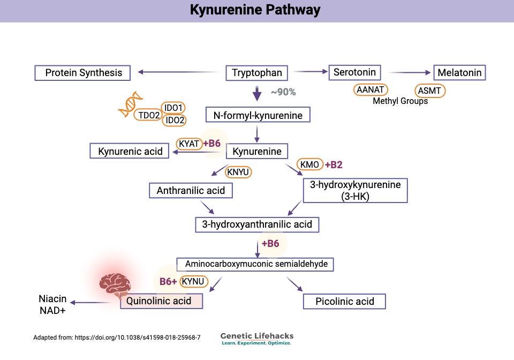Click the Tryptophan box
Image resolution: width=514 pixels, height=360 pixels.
click(x=256, y=73)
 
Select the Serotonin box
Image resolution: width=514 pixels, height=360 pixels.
click(x=354, y=72)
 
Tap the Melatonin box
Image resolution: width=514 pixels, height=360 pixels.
click(x=459, y=72)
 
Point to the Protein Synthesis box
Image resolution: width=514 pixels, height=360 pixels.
click(x=82, y=73)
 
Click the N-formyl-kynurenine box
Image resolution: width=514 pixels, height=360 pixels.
click(x=258, y=115)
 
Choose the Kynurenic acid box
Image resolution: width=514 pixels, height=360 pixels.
click(x=130, y=151)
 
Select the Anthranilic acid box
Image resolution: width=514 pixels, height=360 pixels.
click(x=191, y=191)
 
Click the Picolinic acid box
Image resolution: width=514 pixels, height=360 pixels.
click(x=344, y=301)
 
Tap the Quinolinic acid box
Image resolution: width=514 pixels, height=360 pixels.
click(x=161, y=301)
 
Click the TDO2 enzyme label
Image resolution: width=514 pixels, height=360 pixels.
click(x=148, y=115)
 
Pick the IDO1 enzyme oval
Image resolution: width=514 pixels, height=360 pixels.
click(x=173, y=108)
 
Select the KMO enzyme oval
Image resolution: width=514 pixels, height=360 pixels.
click(x=310, y=164)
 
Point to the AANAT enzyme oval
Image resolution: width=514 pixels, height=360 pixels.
click(x=371, y=89)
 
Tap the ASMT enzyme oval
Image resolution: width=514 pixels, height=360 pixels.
click(x=430, y=91)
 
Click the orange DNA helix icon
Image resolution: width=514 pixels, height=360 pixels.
click(x=130, y=104)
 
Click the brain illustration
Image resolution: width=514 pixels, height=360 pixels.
click(x=115, y=285)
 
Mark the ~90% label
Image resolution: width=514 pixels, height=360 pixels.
click(x=284, y=92)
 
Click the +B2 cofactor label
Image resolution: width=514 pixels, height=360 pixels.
click(x=334, y=164)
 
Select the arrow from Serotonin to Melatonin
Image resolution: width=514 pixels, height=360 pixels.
click(x=410, y=72)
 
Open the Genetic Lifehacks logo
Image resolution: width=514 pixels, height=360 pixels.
click(x=257, y=339)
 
